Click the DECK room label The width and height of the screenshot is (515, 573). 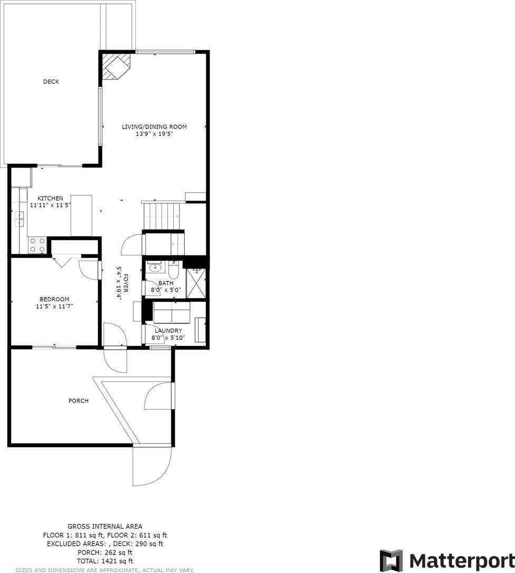[x=51, y=82]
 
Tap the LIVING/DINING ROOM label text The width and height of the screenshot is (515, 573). [x=154, y=127]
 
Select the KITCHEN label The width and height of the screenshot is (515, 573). [x=51, y=199]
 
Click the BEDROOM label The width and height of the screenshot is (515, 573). [x=54, y=299]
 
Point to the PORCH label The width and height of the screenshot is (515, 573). [x=78, y=401]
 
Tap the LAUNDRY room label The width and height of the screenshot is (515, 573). [x=168, y=331]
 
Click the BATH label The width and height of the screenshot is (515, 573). [x=166, y=283]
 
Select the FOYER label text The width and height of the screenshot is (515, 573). [x=126, y=283]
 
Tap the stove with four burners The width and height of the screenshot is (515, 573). [x=37, y=245]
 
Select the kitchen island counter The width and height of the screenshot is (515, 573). [x=82, y=215]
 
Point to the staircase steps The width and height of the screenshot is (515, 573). [x=162, y=215]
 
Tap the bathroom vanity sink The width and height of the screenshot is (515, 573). [x=156, y=267]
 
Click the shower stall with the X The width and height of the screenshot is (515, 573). [x=196, y=283]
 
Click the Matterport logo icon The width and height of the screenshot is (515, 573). [x=391, y=560]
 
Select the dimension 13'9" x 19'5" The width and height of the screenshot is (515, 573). [x=154, y=134]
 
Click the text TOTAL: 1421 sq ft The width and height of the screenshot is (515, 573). [x=105, y=561]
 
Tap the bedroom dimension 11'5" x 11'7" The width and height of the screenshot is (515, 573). [x=54, y=307]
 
